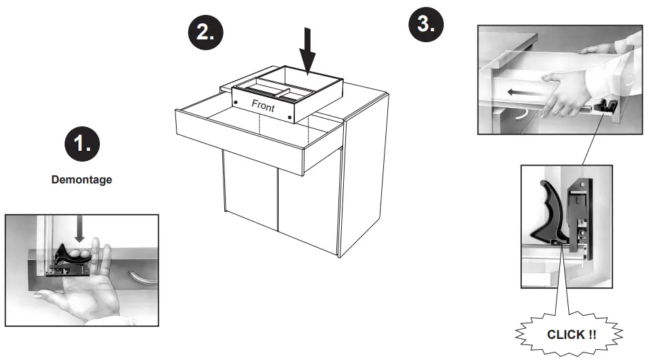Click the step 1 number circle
pos(82,145)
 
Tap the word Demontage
pos(81,181)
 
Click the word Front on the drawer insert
pos(264,105)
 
